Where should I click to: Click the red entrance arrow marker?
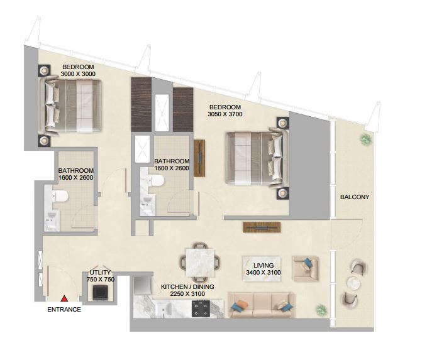tap(64, 298)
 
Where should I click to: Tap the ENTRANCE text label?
tap(64, 310)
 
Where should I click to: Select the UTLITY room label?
tap(100, 273)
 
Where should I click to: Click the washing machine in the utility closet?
tap(100, 293)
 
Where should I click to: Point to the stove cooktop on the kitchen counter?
tap(201, 309)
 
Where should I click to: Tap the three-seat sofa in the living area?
tap(262, 305)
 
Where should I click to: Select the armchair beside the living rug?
tap(306, 268)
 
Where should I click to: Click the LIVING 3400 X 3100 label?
tap(263, 269)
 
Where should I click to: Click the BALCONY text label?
tap(355, 197)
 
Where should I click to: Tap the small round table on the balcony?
tap(353, 283)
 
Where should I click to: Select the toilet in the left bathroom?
tap(60, 196)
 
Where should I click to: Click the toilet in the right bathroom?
tap(157, 181)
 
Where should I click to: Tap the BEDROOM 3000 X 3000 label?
tap(78, 70)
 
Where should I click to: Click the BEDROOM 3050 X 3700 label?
tap(225, 111)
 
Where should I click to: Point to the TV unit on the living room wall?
tap(262, 227)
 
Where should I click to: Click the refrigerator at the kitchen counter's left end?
tap(143, 286)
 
